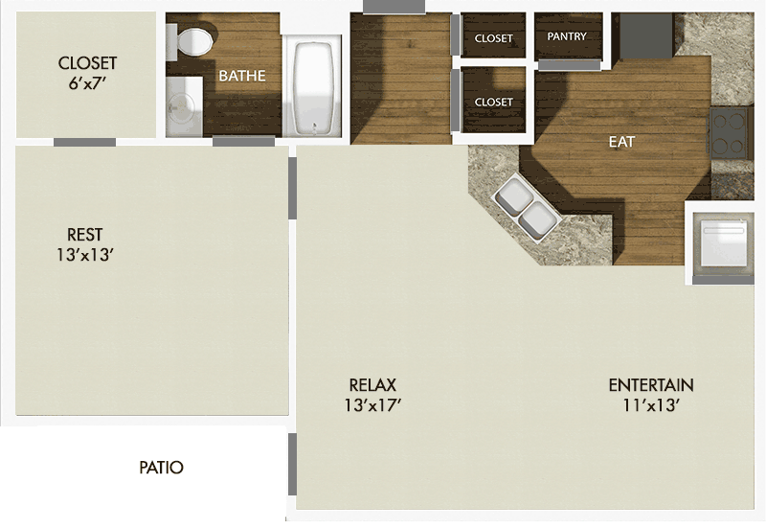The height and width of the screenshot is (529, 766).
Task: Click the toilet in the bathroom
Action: click(195, 40)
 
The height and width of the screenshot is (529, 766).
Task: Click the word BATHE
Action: click(242, 76)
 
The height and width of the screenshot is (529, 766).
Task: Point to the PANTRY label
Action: click(567, 36)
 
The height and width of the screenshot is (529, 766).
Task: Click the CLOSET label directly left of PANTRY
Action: click(494, 38)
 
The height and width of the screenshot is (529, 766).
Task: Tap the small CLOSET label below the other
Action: click(494, 102)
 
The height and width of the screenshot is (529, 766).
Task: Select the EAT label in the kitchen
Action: click(622, 142)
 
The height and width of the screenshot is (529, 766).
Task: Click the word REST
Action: click(84, 235)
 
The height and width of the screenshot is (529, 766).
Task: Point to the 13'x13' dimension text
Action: click(86, 255)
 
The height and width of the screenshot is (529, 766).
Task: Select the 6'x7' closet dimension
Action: click(87, 83)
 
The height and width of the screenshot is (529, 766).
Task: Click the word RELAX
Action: click(372, 385)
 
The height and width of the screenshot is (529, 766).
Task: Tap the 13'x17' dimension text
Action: click(373, 405)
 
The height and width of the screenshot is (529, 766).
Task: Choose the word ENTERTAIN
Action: click(651, 385)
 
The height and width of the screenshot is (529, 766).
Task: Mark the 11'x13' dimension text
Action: click(651, 405)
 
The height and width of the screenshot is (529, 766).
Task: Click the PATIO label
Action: click(161, 469)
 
